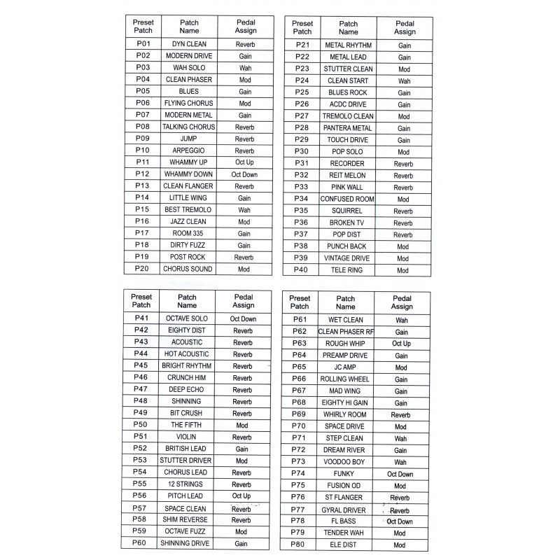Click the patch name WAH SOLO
click(x=189, y=68)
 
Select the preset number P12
click(x=143, y=174)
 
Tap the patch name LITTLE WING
click(x=189, y=198)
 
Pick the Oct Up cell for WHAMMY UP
click(x=245, y=162)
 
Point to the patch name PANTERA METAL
click(x=348, y=128)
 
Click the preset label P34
click(x=302, y=199)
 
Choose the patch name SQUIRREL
click(x=348, y=211)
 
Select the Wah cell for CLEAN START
click(x=404, y=81)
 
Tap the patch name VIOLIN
click(x=187, y=437)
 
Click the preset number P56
click(x=141, y=496)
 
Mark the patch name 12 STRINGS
click(x=187, y=484)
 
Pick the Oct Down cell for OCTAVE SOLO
click(x=243, y=318)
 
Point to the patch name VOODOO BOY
click(x=345, y=462)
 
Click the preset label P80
click(x=299, y=545)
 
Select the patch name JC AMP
click(x=345, y=367)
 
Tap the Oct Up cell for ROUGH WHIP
click(x=401, y=344)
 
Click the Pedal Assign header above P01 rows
click(x=245, y=27)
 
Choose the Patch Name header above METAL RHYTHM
click(x=348, y=27)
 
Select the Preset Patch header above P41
click(x=141, y=301)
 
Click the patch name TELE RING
click(x=348, y=270)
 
